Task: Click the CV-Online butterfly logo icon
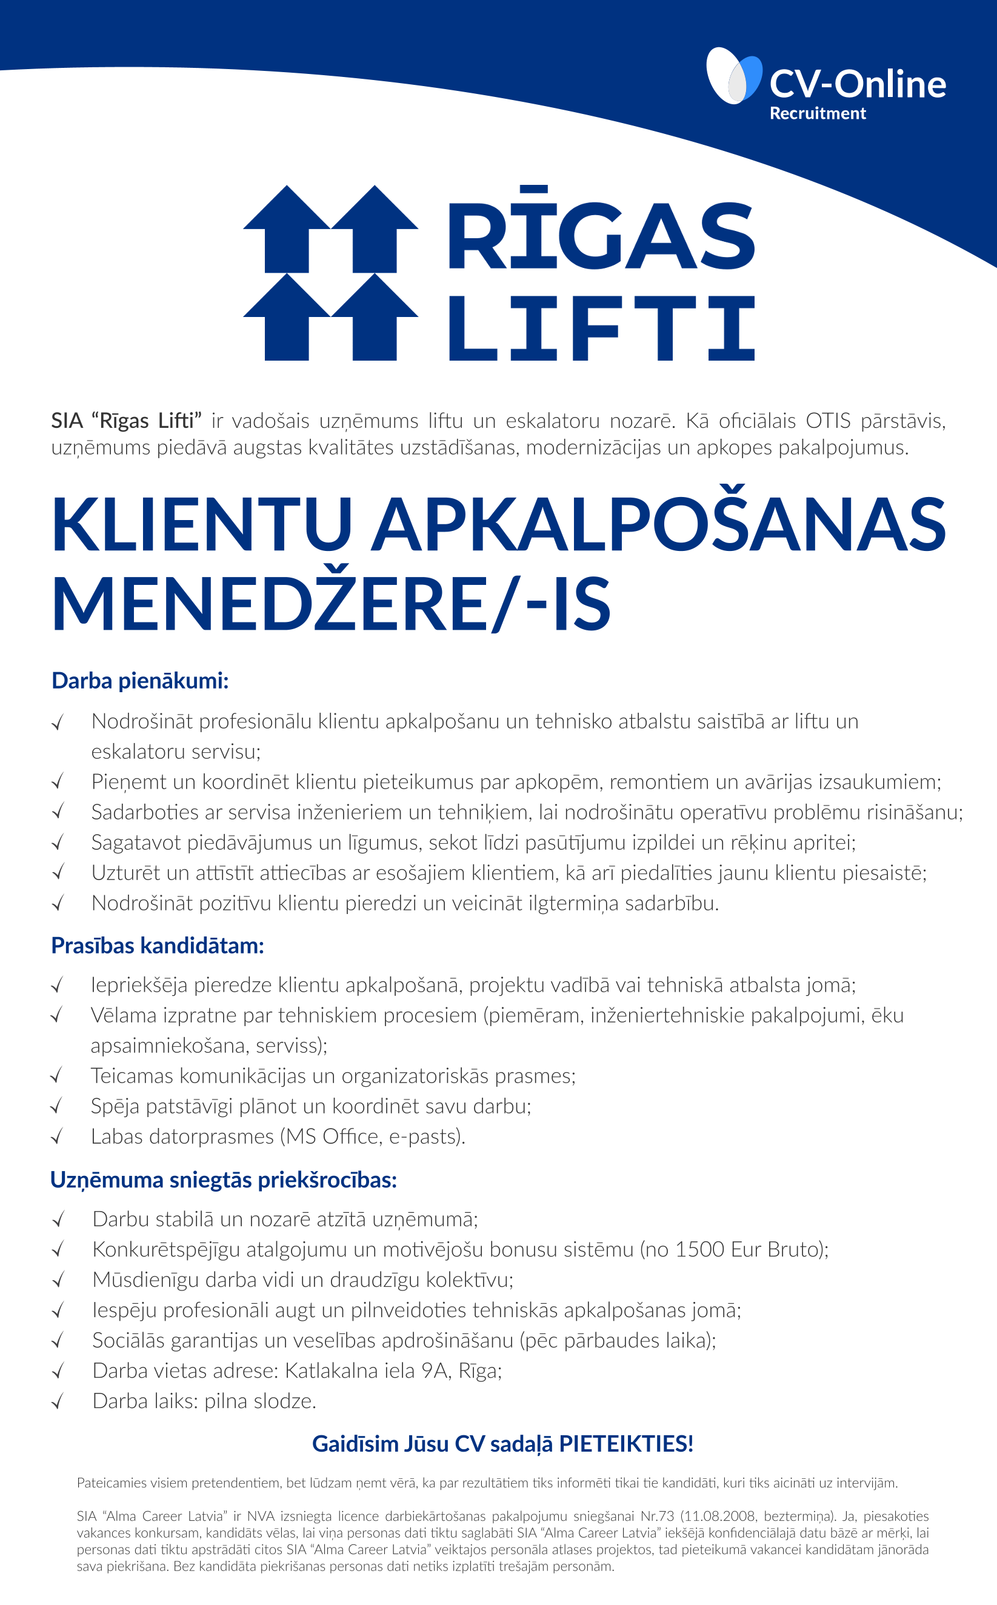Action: (733, 76)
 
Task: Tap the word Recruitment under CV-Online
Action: (817, 113)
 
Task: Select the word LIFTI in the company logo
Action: (601, 328)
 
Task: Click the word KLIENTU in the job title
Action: (202, 525)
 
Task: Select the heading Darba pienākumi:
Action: (140, 681)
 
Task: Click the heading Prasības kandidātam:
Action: (158, 946)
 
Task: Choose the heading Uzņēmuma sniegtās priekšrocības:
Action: (224, 1180)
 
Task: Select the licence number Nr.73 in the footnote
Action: (658, 1516)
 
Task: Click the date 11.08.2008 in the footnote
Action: (719, 1516)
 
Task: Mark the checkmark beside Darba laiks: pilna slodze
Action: (58, 1401)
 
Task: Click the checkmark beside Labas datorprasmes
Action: (58, 1137)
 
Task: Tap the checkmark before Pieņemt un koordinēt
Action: (58, 782)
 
